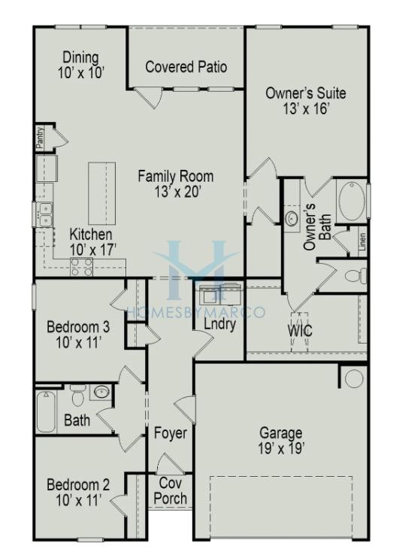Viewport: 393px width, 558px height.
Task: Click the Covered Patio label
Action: [x=186, y=67]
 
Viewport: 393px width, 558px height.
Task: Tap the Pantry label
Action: [x=40, y=138]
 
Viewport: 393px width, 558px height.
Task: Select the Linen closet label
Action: [x=362, y=242]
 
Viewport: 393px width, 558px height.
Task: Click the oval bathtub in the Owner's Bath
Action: [x=352, y=201]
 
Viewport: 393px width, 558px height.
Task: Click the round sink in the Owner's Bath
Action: [x=292, y=218]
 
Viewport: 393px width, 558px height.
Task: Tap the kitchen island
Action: [x=101, y=193]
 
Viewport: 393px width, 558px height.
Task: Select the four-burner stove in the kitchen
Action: [x=81, y=267]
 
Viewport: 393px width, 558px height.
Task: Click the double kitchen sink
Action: [x=45, y=214]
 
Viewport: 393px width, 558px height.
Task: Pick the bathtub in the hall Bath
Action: [x=47, y=412]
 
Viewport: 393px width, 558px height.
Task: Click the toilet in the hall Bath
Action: [x=78, y=396]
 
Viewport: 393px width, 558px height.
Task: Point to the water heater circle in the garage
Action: [x=354, y=378]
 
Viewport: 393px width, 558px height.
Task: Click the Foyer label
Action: [x=171, y=433]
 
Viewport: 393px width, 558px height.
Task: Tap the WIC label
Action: [x=300, y=331]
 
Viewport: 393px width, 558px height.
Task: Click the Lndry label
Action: [x=220, y=324]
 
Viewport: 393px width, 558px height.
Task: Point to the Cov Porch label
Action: [x=171, y=491]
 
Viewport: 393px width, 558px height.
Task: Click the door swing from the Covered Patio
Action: [x=149, y=98]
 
